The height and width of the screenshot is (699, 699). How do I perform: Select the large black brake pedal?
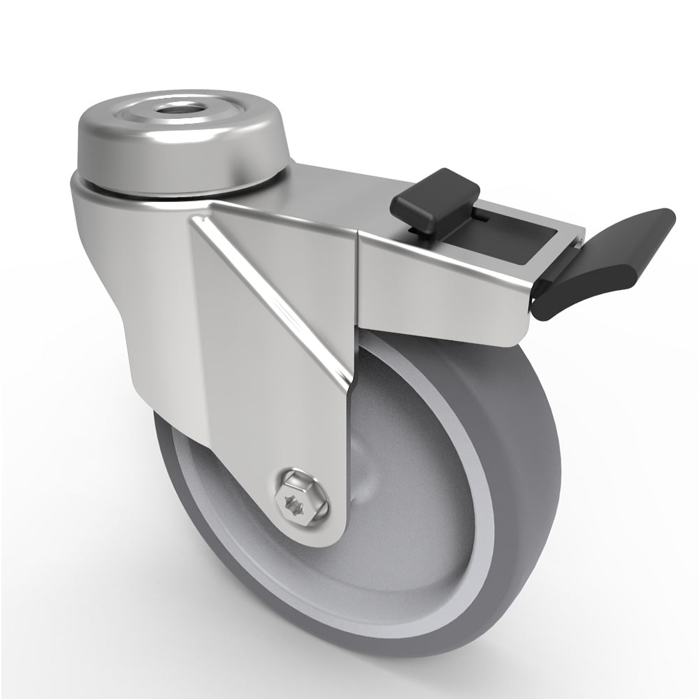(615, 259)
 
